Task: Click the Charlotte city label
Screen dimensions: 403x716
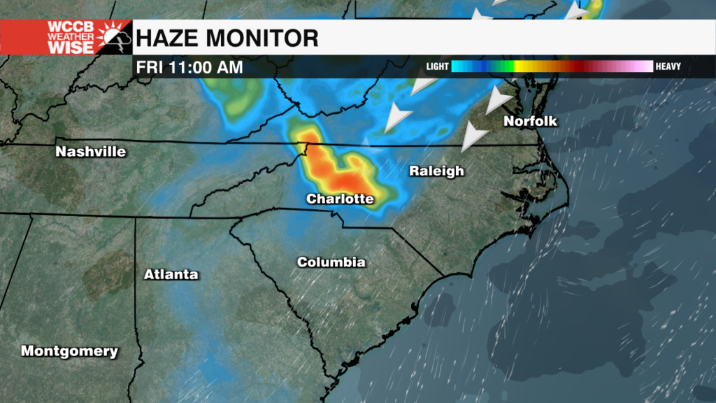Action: pyautogui.click(x=340, y=199)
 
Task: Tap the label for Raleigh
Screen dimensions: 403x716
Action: pyautogui.click(x=436, y=171)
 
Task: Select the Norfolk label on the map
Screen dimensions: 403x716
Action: pyautogui.click(x=531, y=121)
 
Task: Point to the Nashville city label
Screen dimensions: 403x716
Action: pyautogui.click(x=91, y=152)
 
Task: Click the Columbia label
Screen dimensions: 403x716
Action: pyautogui.click(x=331, y=262)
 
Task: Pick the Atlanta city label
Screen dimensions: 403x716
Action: pyautogui.click(x=171, y=274)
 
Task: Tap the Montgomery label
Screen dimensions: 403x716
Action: pyautogui.click(x=69, y=351)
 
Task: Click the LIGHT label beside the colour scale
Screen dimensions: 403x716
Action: pyautogui.click(x=437, y=67)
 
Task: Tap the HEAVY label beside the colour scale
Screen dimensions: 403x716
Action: pyautogui.click(x=668, y=67)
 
